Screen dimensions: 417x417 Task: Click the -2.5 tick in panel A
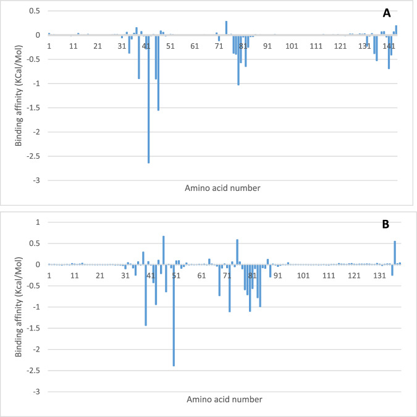pos(35,156)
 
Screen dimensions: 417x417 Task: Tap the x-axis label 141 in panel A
pos(389,46)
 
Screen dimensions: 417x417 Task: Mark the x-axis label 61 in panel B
pos(201,276)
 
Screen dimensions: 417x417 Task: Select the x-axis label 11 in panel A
pos(73,46)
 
